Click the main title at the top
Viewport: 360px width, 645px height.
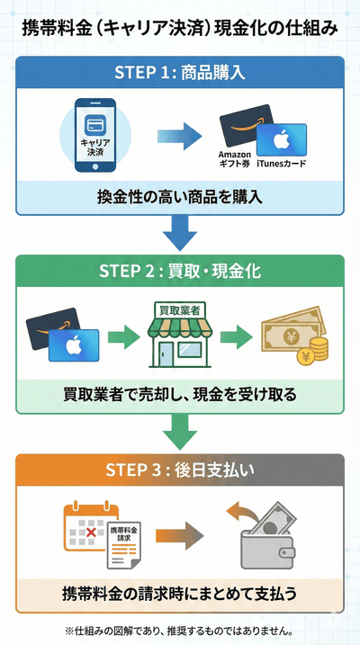[180, 28]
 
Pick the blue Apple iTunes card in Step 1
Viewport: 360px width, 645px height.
[281, 143]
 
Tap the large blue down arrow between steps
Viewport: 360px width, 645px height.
[180, 237]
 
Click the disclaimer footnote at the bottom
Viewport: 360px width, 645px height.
[180, 631]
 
